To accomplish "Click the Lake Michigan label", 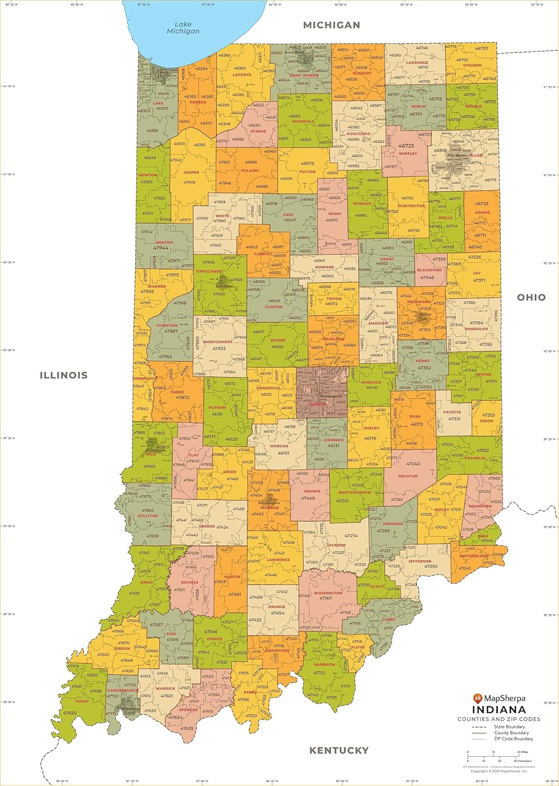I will pos(183,28).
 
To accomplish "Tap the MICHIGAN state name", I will pos(331,25).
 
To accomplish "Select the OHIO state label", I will pos(531,297).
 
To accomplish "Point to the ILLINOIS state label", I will pos(63,375).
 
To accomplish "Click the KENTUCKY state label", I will pos(339,750).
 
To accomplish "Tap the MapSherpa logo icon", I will pos(477,698).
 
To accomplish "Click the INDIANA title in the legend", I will pos(499,709).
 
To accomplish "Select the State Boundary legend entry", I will pos(509,727).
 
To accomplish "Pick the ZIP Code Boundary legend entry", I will pos(513,739).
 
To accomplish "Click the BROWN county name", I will pos(312,492).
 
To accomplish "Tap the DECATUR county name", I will pos(408,476).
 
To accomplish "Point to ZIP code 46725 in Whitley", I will pos(406,146).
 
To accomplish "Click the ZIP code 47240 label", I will pos(413,464).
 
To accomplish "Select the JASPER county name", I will pos(191,172).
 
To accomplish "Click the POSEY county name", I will pos(82,701).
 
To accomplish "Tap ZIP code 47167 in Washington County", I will pos(326,598).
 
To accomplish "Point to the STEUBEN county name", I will pos(472,65).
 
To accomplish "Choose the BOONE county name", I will pos(278,340).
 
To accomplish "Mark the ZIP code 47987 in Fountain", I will pos(171,331).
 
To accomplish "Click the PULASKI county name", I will pos(250,170).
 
